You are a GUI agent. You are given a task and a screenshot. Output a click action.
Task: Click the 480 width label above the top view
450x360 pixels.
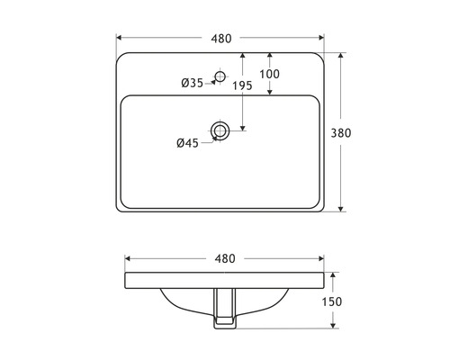221,38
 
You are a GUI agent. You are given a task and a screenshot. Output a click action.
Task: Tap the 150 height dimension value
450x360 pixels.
331,301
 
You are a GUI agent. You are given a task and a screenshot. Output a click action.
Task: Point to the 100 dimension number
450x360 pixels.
269,74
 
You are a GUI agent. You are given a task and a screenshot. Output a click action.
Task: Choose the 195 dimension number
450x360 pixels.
241,85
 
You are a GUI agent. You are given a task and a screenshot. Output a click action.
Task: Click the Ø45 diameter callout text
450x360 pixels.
187,142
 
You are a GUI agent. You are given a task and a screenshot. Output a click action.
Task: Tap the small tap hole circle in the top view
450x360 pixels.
219,77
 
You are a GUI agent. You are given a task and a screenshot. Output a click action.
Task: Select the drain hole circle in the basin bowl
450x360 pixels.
220,131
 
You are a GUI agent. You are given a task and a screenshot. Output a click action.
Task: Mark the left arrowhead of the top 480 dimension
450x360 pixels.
121,38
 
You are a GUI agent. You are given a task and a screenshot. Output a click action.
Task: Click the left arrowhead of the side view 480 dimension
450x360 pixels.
128,258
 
